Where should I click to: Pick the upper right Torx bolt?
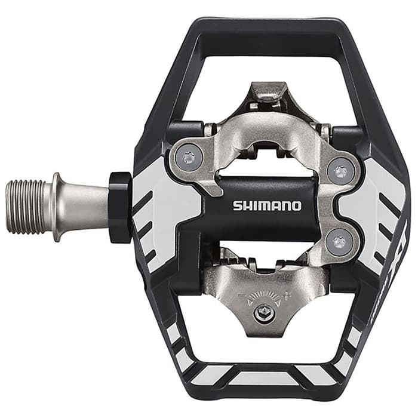pyautogui.click(x=341, y=172)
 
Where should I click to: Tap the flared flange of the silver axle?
pyautogui.click(x=57, y=206)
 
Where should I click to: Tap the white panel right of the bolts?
pyautogui.click(x=373, y=206)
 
